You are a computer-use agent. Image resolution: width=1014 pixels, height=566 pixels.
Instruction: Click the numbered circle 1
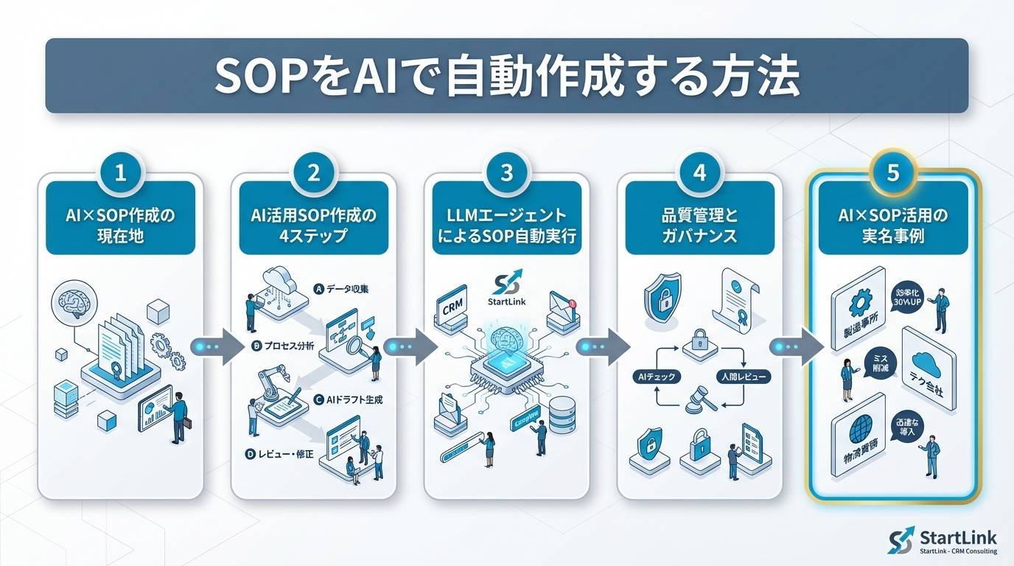pyautogui.click(x=120, y=173)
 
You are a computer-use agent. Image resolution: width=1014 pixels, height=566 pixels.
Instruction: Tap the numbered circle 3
pyautogui.click(x=506, y=173)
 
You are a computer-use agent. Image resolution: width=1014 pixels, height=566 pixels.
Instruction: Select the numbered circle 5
pyautogui.click(x=893, y=173)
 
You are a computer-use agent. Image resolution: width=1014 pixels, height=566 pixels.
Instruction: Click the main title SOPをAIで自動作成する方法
pyautogui.click(x=506, y=75)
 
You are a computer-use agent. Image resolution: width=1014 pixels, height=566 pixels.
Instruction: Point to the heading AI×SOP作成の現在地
pyautogui.click(x=121, y=228)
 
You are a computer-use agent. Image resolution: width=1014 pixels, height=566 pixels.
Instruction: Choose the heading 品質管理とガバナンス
pyautogui.click(x=699, y=228)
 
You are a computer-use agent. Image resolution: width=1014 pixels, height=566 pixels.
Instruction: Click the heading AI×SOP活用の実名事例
pyautogui.click(x=892, y=228)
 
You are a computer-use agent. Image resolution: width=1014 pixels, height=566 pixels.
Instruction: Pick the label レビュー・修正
pyautogui.click(x=285, y=455)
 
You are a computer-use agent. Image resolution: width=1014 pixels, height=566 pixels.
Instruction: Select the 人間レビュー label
pyautogui.click(x=744, y=377)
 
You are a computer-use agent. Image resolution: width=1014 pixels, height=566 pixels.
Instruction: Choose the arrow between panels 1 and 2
pyautogui.click(x=216, y=346)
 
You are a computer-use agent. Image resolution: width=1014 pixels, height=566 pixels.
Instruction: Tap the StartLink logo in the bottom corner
pyautogui.click(x=943, y=540)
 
